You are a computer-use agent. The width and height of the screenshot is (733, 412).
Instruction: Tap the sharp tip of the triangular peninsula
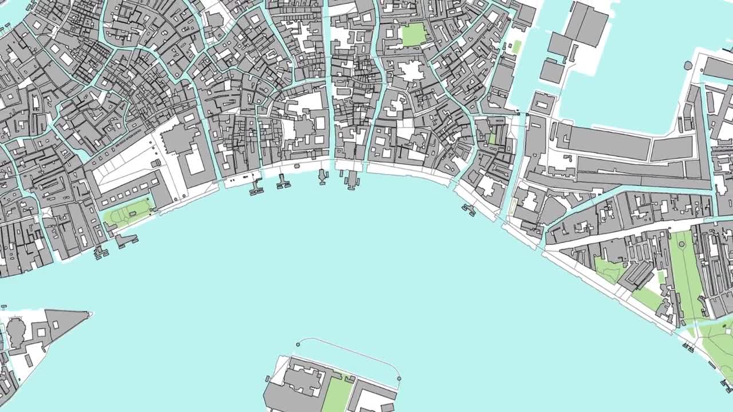pyautogui.click(x=90, y=313)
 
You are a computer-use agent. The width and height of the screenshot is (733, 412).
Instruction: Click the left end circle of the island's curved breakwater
pyautogui.click(x=298, y=344)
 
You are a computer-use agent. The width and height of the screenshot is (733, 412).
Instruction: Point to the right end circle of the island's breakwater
pyautogui.click(x=399, y=378)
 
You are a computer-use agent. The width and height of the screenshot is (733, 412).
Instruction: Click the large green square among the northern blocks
pyautogui.click(x=413, y=35)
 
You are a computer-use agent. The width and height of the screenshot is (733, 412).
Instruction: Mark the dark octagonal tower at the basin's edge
pyautogui.click(x=688, y=65)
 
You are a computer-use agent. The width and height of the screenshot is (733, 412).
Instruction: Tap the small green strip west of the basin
pyautogui.click(x=516, y=47)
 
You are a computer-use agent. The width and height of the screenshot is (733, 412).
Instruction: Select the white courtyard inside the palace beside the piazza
pyautogui.click(x=195, y=160)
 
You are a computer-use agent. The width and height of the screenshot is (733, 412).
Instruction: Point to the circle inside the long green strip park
pyautogui.click(x=682, y=245)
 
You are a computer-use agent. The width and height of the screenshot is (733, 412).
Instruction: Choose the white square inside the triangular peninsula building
pyautogui.click(x=56, y=324)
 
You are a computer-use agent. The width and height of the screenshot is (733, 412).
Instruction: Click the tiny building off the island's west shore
pyautogui.click(x=267, y=378)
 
